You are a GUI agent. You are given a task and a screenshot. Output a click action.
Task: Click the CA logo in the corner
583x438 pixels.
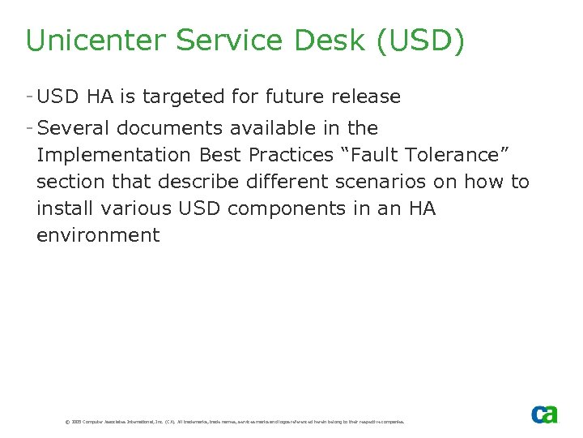tap(544, 414)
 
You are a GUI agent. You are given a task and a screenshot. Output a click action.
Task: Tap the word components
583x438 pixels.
tap(288, 208)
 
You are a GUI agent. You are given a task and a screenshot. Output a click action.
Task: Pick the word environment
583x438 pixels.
tap(98, 235)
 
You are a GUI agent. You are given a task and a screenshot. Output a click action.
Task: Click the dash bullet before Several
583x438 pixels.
tap(29, 128)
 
